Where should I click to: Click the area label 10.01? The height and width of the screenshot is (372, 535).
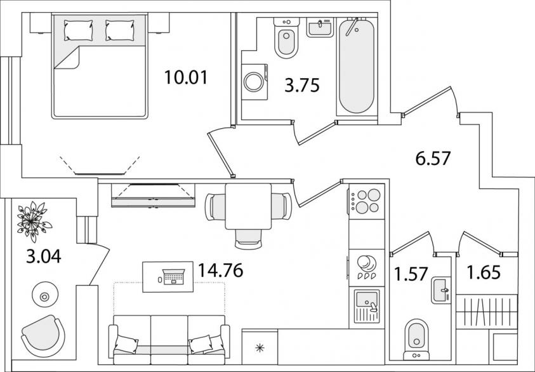click(x=186, y=77)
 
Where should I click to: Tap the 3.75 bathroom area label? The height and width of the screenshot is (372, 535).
click(x=302, y=85)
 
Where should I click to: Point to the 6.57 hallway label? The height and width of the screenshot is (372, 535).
click(x=433, y=158)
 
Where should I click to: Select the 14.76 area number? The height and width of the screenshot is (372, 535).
click(x=220, y=270)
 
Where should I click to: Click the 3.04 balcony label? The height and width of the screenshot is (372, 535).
click(x=44, y=256)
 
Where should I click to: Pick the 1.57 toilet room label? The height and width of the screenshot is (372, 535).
click(x=411, y=274)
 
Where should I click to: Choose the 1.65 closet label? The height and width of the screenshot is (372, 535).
click(x=484, y=272)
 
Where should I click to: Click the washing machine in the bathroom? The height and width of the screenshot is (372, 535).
click(x=254, y=82)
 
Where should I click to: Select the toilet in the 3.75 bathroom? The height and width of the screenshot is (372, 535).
click(x=286, y=37)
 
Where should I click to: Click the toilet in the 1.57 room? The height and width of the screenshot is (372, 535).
click(x=416, y=340)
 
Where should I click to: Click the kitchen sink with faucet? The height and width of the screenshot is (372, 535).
click(x=367, y=307)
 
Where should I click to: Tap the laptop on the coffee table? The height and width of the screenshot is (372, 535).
click(x=174, y=277)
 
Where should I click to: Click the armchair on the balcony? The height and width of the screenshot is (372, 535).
click(x=43, y=336)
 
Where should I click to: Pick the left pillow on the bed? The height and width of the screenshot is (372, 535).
click(x=78, y=30)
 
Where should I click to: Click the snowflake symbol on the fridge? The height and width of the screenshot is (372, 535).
click(x=260, y=348)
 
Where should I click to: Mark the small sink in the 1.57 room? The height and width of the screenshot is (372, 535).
click(x=441, y=291)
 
